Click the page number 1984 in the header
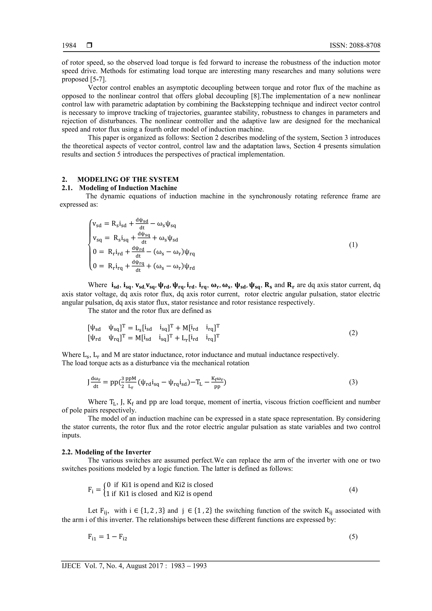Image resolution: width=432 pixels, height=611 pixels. pos(69,46)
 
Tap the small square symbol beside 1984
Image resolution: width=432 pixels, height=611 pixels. pos(89,46)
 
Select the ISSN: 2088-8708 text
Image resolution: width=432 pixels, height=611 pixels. pos(355,46)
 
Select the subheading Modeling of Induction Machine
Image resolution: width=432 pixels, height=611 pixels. pos(128,188)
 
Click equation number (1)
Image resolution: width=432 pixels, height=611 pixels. pos(353,245)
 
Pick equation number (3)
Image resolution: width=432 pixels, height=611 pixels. pos(353,382)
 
